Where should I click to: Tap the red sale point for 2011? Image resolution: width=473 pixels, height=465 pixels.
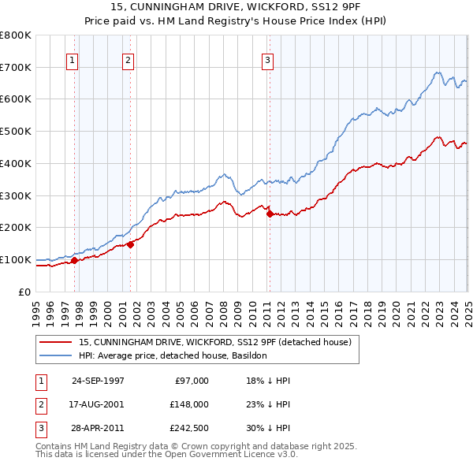pos(270,214)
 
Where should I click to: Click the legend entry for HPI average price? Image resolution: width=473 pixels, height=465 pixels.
pos(173,355)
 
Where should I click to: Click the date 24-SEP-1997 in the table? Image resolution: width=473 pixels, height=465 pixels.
pos(98,381)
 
